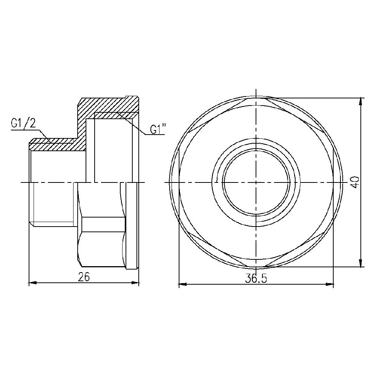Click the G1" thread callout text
coord(158,129)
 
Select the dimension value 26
coord(84,277)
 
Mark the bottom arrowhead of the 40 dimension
coord(361,264)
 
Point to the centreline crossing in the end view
coord(256,182)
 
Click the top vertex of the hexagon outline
coord(256,97)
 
